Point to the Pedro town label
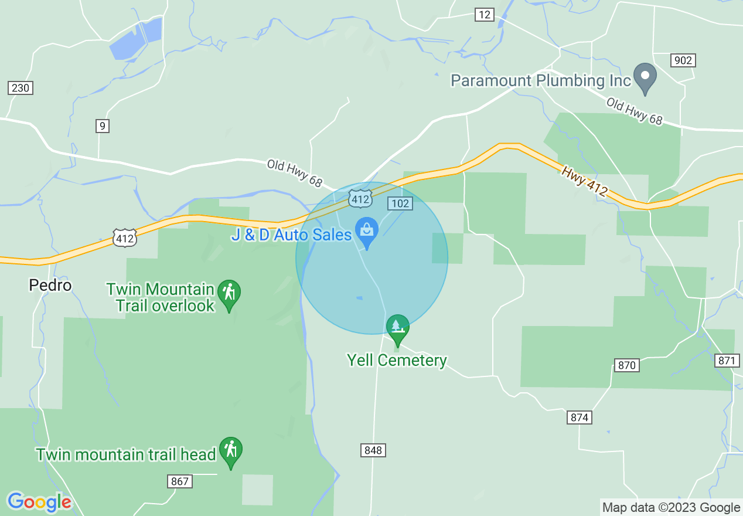[x=50, y=286]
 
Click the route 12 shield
[x=484, y=15]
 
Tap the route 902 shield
[x=683, y=60]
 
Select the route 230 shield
[x=21, y=88]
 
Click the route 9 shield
[x=103, y=125]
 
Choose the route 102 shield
[x=400, y=203]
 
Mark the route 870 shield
[x=626, y=365]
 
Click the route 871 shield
[x=727, y=361]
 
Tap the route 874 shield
[x=579, y=417]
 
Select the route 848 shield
[x=373, y=450]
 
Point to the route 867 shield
[x=180, y=481]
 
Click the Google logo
[x=39, y=502]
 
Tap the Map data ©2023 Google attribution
[x=672, y=508]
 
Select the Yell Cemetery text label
[x=397, y=360]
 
